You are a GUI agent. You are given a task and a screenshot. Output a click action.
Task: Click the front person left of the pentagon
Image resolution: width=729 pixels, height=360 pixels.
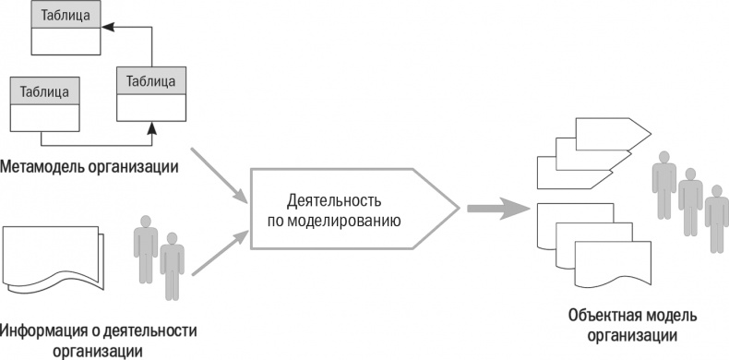[172, 266]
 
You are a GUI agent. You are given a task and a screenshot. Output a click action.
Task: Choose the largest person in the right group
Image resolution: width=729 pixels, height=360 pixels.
[662, 185]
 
